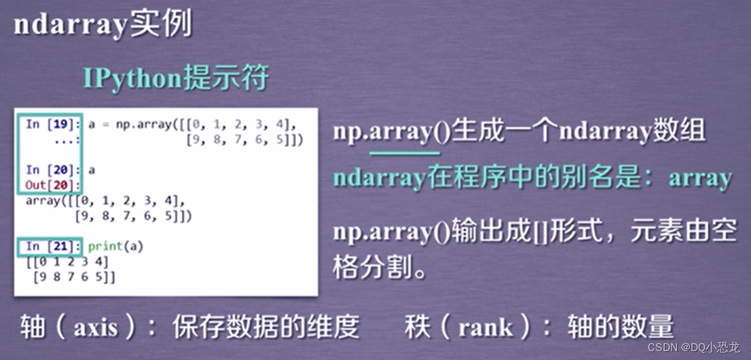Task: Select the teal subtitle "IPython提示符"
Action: pos(176,78)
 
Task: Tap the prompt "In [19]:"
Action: pos(53,124)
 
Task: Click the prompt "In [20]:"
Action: pos(53,170)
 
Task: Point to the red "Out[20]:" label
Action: pos(53,185)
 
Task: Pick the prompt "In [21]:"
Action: pos(53,247)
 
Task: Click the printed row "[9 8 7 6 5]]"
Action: pos(74,278)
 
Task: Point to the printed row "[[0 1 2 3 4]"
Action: pos(67,262)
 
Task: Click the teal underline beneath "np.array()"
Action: pos(405,154)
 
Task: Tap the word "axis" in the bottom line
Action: pos(95,328)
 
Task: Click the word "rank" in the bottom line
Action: pos(486,328)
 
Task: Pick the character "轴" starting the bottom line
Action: pos(32,327)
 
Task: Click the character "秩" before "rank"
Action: pos(416,327)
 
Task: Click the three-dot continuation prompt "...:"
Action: pos(67,139)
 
